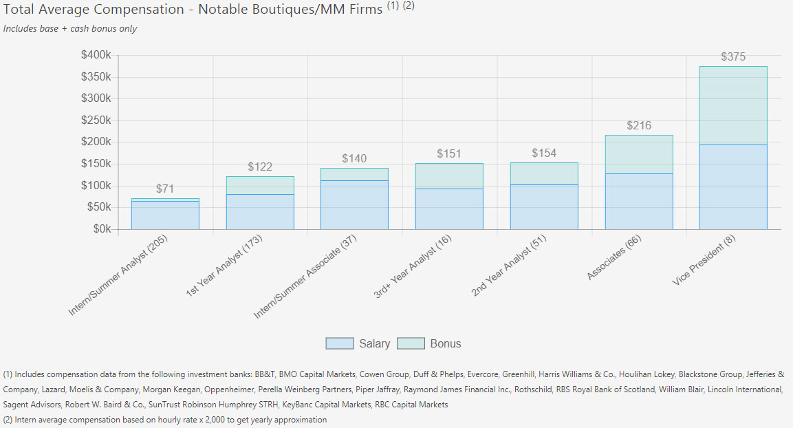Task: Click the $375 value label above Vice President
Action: click(733, 57)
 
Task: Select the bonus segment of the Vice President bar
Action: click(733, 105)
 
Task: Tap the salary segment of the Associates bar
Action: click(639, 201)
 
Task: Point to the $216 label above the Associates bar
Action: click(639, 126)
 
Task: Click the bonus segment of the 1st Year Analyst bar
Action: click(260, 185)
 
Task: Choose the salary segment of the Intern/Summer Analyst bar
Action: click(165, 215)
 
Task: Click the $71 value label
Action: click(165, 189)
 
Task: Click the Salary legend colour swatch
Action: click(339, 343)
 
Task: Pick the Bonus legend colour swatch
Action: click(411, 343)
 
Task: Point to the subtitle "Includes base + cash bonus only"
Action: click(70, 29)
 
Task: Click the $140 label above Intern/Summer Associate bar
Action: click(354, 159)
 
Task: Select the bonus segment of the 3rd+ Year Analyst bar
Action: click(449, 175)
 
